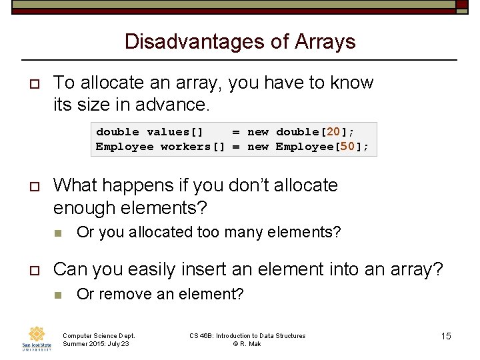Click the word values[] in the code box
coord(175,132)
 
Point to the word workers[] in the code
coord(193,147)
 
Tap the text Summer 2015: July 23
coord(96,343)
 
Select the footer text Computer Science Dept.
coord(99,335)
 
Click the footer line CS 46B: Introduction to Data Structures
coord(247,335)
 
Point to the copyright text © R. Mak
coord(247,343)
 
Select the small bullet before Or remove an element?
coord(58,295)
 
